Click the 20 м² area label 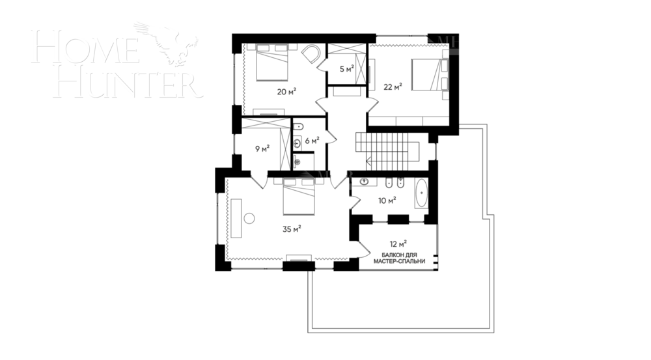286,92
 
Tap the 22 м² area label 393,87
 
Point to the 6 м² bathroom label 312,140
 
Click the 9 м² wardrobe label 262,149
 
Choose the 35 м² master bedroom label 291,228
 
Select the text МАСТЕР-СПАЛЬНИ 399,261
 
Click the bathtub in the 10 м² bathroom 421,193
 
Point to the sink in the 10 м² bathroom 365,183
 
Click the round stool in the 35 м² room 249,219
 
